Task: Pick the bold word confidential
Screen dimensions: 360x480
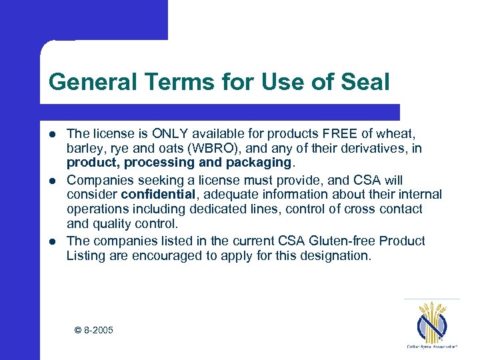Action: (x=158, y=195)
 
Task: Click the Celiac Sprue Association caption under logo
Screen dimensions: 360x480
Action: (x=432, y=347)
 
